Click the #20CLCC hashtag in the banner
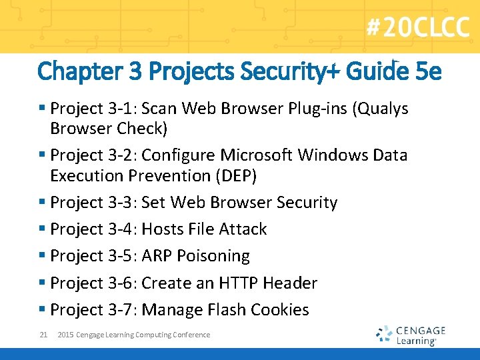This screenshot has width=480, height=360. pos(417,29)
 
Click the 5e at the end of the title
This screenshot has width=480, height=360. pos(427,71)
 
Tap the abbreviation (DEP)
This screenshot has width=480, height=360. pos(235,175)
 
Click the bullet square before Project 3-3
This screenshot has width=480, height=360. pos(42,203)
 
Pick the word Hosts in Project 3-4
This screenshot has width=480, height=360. pos(164,229)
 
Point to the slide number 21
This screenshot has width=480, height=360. pos(43,335)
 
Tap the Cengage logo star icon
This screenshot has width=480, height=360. pos(383,333)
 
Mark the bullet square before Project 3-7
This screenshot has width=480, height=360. pos(42,310)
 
